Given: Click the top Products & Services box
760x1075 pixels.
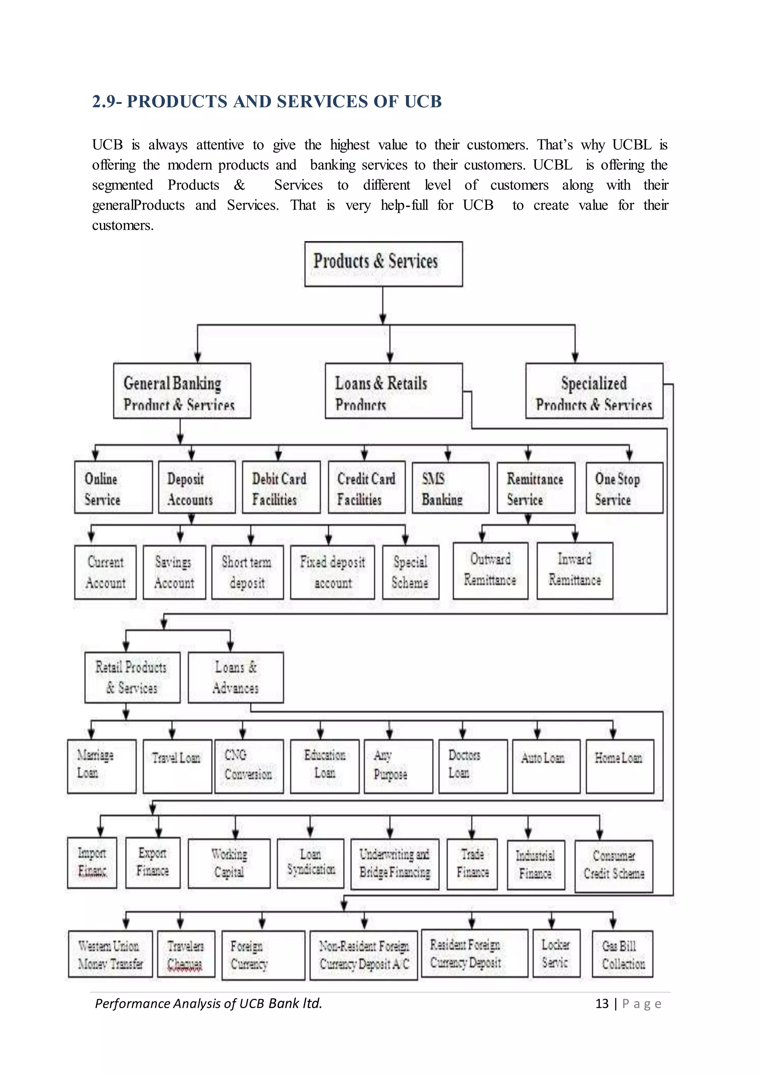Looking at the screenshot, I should (x=383, y=264).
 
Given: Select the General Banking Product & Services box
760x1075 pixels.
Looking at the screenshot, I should (x=182, y=391).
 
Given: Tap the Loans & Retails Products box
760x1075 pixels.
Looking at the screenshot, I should (x=394, y=391).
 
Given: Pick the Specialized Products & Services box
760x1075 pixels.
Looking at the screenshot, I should (x=594, y=391).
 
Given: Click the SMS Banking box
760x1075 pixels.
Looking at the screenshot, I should (x=450, y=488).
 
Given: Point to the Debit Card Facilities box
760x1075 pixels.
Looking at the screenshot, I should (x=281, y=487).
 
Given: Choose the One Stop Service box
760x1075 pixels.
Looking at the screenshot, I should (x=624, y=488).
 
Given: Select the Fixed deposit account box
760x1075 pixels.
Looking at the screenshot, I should (x=332, y=572).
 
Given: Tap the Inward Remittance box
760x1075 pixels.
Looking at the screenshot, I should (x=575, y=570).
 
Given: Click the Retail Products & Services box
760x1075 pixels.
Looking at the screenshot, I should (x=132, y=677).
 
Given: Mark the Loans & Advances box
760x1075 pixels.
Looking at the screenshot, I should (x=235, y=677).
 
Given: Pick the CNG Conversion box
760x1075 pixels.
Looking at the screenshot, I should (x=249, y=766).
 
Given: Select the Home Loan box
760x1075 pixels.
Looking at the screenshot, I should (x=620, y=766).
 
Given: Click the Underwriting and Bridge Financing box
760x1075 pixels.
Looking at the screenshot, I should (x=394, y=864).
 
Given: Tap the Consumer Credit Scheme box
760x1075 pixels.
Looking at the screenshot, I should (x=613, y=866).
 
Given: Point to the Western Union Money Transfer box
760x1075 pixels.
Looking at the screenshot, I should (x=111, y=955).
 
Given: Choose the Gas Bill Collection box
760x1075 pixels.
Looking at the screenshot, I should (x=622, y=955).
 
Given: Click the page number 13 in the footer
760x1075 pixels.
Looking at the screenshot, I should (x=602, y=1003).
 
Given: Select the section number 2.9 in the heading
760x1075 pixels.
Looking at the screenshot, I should (x=104, y=101).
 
